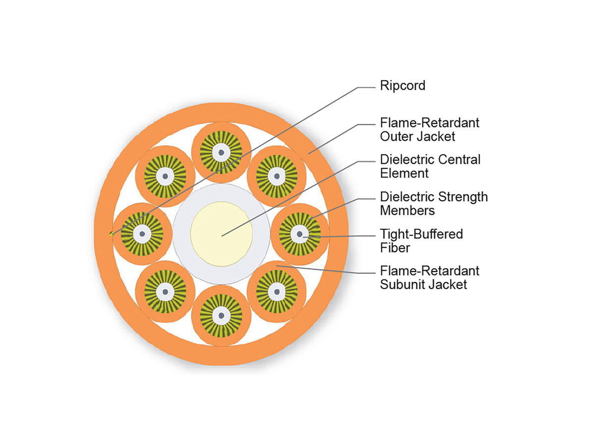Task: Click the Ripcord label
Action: click(402, 86)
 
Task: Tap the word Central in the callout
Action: click(459, 160)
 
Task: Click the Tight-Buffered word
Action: click(421, 234)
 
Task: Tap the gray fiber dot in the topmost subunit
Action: click(220, 152)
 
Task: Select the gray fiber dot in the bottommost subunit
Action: click(220, 315)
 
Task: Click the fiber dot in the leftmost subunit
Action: click(142, 233)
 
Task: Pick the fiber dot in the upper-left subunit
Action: click(164, 176)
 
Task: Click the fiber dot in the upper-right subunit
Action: click(276, 176)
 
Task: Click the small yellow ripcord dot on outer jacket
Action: click(112, 233)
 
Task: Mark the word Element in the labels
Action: click(404, 173)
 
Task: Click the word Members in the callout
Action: click(407, 211)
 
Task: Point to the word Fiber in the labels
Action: click(395, 248)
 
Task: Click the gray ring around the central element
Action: click(181, 233)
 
